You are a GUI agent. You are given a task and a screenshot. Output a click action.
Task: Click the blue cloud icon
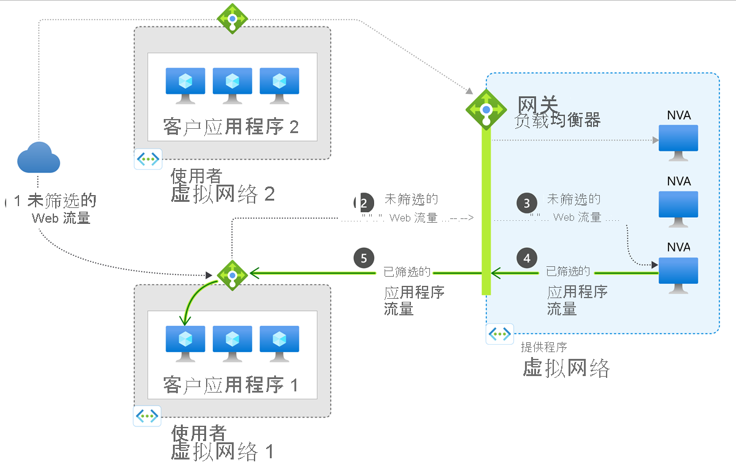pos(39,158)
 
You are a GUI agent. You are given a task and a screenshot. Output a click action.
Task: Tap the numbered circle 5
pos(364,258)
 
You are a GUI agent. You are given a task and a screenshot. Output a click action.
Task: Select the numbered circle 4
pos(527,258)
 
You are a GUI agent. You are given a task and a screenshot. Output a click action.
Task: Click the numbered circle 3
pos(527,203)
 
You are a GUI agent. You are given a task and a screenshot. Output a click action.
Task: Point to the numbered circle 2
pos(365,203)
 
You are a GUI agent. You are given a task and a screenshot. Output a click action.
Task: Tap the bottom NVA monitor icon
pos(678,274)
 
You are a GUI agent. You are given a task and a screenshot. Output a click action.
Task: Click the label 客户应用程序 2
pos(231,127)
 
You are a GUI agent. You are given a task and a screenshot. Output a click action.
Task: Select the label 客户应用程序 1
pos(231,385)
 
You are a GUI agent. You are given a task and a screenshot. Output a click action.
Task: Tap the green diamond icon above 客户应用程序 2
pos(232,18)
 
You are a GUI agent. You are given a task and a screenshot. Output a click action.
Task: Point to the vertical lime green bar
pos(486,215)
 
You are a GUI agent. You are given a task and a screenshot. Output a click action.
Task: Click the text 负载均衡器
pos(557,120)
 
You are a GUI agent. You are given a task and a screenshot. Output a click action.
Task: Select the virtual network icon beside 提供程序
pos(500,334)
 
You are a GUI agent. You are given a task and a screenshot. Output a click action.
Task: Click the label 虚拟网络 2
pos(222,194)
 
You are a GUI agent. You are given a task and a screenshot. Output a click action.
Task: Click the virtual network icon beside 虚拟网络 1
pos(147,416)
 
